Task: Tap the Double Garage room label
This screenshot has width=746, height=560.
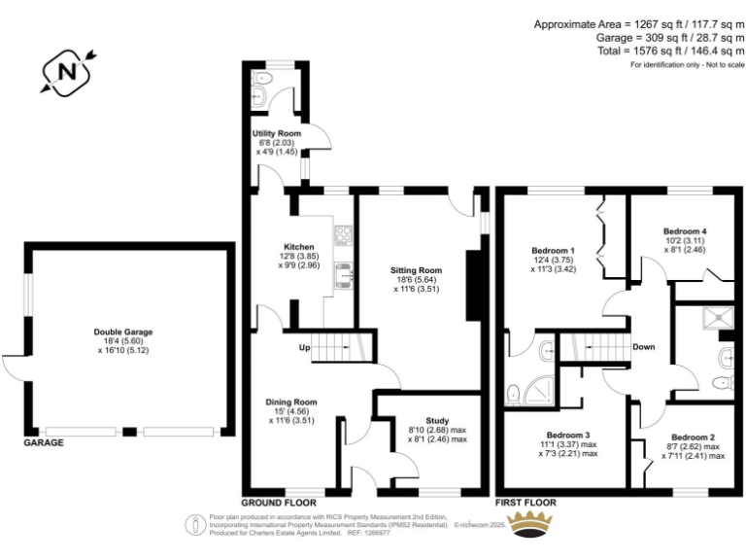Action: pyautogui.click(x=124, y=332)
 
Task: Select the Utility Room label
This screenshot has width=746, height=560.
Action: pyautogui.click(x=277, y=133)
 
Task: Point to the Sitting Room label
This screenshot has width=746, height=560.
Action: pyautogui.click(x=416, y=269)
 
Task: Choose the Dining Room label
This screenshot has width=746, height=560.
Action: pyautogui.click(x=291, y=402)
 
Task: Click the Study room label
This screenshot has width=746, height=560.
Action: pyautogui.click(x=437, y=421)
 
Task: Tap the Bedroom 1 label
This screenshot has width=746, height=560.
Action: pyautogui.click(x=553, y=248)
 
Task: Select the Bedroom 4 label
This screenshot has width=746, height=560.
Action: pyautogui.click(x=685, y=231)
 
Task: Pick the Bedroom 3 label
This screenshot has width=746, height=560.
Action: pyautogui.click(x=568, y=434)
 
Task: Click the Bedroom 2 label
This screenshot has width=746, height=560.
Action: pyautogui.click(x=693, y=437)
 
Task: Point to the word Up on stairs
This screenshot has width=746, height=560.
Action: pyautogui.click(x=304, y=347)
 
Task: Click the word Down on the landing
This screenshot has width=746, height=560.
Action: pyautogui.click(x=643, y=347)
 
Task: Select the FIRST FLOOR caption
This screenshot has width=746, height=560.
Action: pyautogui.click(x=526, y=503)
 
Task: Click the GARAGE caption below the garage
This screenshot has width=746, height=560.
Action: pyautogui.click(x=44, y=442)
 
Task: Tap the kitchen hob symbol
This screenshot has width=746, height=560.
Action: pyautogui.click(x=343, y=233)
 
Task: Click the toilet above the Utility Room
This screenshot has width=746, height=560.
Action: pyautogui.click(x=257, y=95)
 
